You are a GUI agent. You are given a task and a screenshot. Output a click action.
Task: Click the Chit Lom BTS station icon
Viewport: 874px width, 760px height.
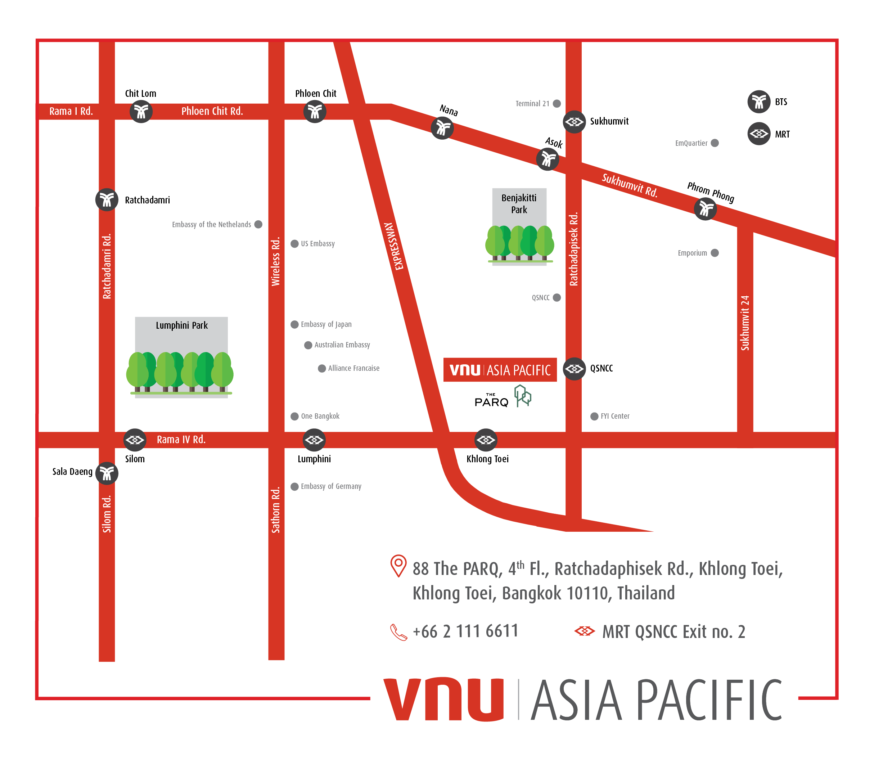tap(141, 112)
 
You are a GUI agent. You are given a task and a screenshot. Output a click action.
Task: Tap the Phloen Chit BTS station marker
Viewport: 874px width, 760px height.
tap(315, 112)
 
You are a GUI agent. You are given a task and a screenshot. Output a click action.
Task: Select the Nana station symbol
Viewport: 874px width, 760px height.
tap(442, 128)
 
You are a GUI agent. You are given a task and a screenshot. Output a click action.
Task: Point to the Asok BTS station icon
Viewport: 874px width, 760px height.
tap(548, 159)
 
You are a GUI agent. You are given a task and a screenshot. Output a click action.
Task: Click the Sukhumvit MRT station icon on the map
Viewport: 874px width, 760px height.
tap(574, 122)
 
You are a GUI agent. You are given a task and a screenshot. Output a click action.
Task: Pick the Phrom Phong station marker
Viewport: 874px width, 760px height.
tap(705, 209)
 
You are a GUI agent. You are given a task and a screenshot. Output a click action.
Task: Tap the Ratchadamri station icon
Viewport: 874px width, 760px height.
tap(107, 199)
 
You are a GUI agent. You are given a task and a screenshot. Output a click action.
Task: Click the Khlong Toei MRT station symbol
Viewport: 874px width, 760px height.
tap(486, 440)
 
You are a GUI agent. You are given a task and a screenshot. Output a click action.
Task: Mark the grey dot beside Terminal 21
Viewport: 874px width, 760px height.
tap(557, 103)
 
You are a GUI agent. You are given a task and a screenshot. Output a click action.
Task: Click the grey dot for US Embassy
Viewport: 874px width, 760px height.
tap(294, 243)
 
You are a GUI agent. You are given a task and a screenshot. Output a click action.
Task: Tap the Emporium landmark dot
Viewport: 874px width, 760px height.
tap(715, 253)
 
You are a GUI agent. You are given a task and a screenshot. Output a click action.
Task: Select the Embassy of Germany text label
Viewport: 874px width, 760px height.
tap(331, 486)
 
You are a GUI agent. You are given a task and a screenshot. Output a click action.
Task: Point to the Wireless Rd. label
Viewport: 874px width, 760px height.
tap(276, 261)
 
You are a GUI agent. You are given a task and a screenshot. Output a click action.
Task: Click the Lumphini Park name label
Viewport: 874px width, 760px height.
tap(181, 325)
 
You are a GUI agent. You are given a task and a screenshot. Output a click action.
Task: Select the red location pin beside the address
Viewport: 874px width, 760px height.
tap(398, 566)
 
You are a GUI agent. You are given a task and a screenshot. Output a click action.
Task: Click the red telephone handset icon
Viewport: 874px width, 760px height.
tap(398, 632)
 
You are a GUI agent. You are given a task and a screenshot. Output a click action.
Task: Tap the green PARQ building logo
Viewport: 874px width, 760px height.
tap(523, 396)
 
